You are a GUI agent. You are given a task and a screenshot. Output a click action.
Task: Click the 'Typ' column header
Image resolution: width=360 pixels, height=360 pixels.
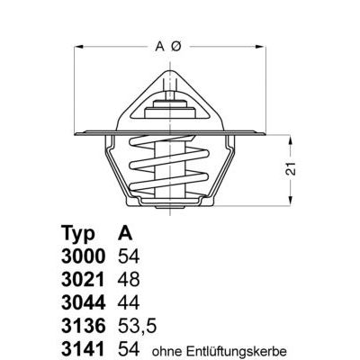(77, 229)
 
